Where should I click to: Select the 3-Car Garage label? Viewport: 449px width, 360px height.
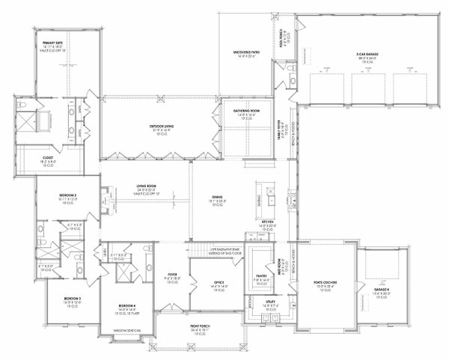pyautogui.click(x=367, y=52)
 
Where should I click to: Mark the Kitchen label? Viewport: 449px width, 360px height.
pyautogui.click(x=269, y=222)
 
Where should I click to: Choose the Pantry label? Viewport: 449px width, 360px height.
pyautogui.click(x=260, y=279)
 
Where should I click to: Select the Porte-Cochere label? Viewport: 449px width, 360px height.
pyautogui.click(x=326, y=283)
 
